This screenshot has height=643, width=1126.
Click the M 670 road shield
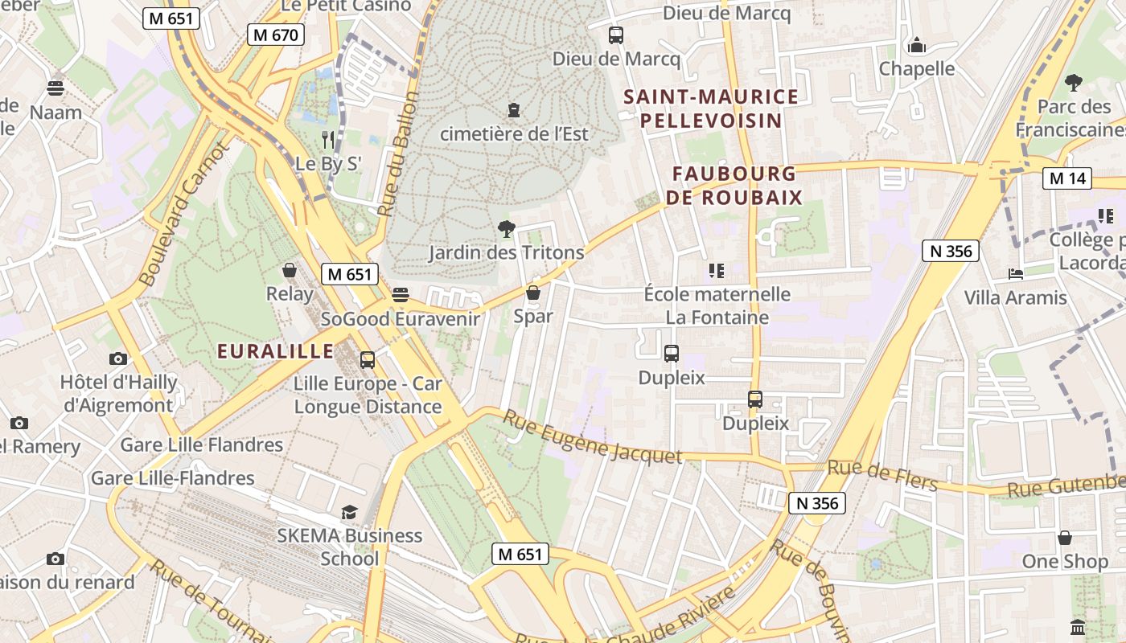[x=275, y=35]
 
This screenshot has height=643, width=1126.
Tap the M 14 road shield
[x=1067, y=178]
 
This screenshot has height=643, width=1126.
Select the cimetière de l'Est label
[x=514, y=133]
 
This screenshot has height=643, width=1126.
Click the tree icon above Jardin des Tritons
[x=506, y=229]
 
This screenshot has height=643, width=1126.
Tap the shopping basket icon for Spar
[x=532, y=293]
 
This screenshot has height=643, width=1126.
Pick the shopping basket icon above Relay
[x=289, y=271]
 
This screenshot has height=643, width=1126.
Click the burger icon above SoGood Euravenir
[x=401, y=295]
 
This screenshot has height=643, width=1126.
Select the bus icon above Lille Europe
[x=368, y=359]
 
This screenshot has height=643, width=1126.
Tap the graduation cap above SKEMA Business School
[x=349, y=512]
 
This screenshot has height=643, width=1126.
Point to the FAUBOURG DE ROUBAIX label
[x=734, y=186]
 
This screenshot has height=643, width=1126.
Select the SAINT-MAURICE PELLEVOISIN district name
[x=711, y=109]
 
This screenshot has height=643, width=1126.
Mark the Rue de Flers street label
[x=882, y=475]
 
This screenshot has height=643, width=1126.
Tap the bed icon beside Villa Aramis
[x=1016, y=274]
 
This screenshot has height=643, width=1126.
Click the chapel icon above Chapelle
[x=916, y=45]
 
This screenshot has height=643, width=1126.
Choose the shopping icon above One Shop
[x=1065, y=537]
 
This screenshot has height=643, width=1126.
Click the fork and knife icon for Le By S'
[x=327, y=140]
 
